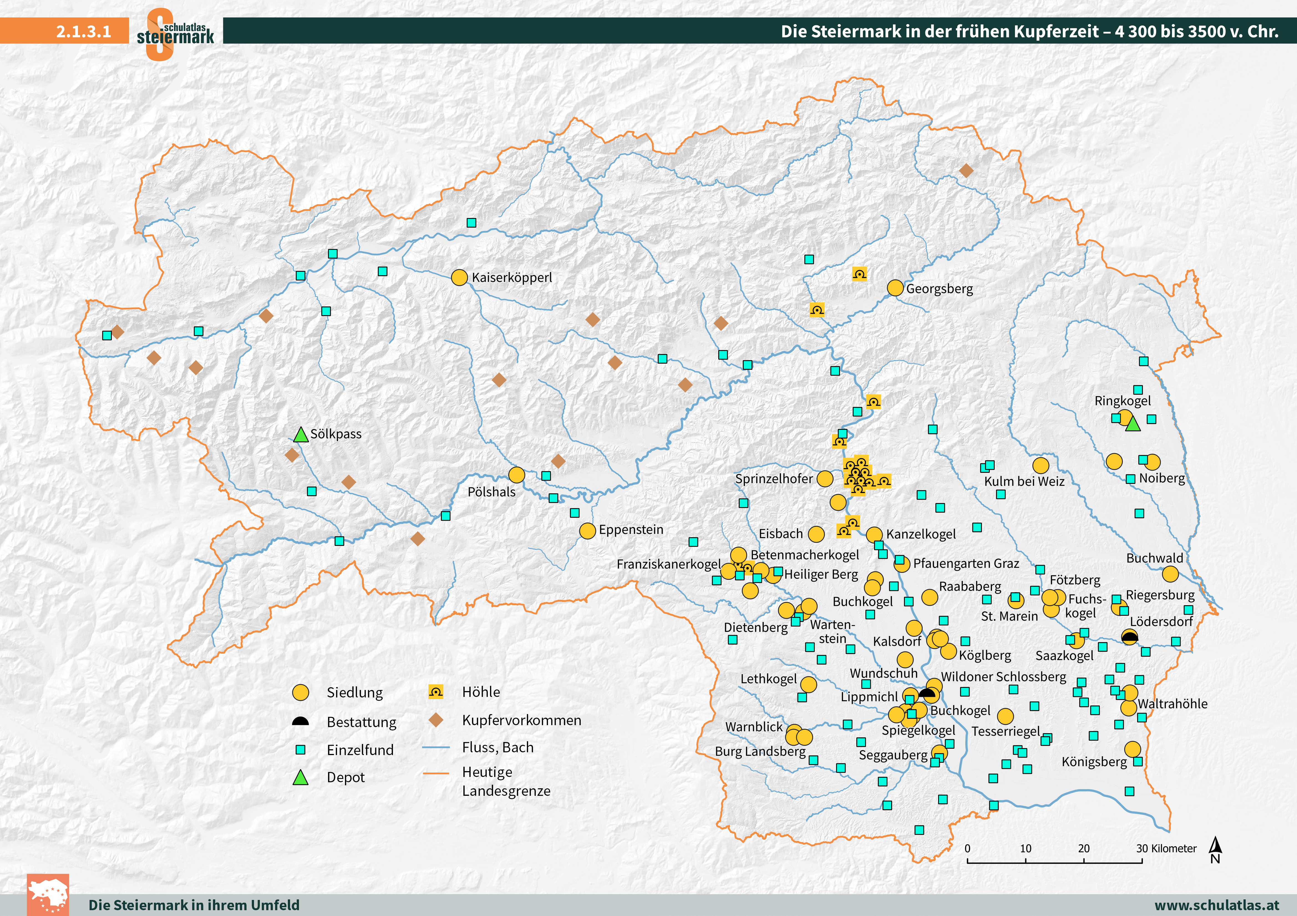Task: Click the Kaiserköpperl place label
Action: pyautogui.click(x=512, y=278)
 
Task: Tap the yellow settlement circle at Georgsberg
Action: pyautogui.click(x=895, y=288)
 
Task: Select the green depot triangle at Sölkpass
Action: pyautogui.click(x=301, y=435)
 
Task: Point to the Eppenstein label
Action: pyautogui.click(x=631, y=529)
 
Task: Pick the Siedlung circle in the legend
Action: pyautogui.click(x=301, y=692)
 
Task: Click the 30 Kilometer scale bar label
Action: pyautogui.click(x=1166, y=848)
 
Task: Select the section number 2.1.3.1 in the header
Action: pyautogui.click(x=83, y=31)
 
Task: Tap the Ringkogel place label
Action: pyautogui.click(x=1123, y=401)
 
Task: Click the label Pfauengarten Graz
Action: pyautogui.click(x=966, y=563)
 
